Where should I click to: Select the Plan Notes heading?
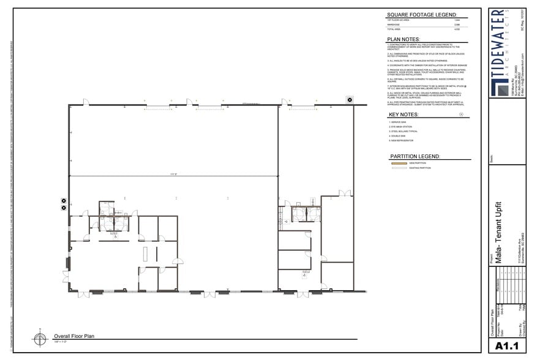tap(403, 39)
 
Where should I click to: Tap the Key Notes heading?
tap(403, 114)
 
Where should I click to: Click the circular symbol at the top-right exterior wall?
tap(350, 99)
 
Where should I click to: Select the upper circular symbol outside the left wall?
tap(63, 200)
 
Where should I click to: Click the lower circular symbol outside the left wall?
tap(63, 207)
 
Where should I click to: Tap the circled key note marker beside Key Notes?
tap(461, 114)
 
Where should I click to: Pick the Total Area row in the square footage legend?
tap(422, 29)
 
